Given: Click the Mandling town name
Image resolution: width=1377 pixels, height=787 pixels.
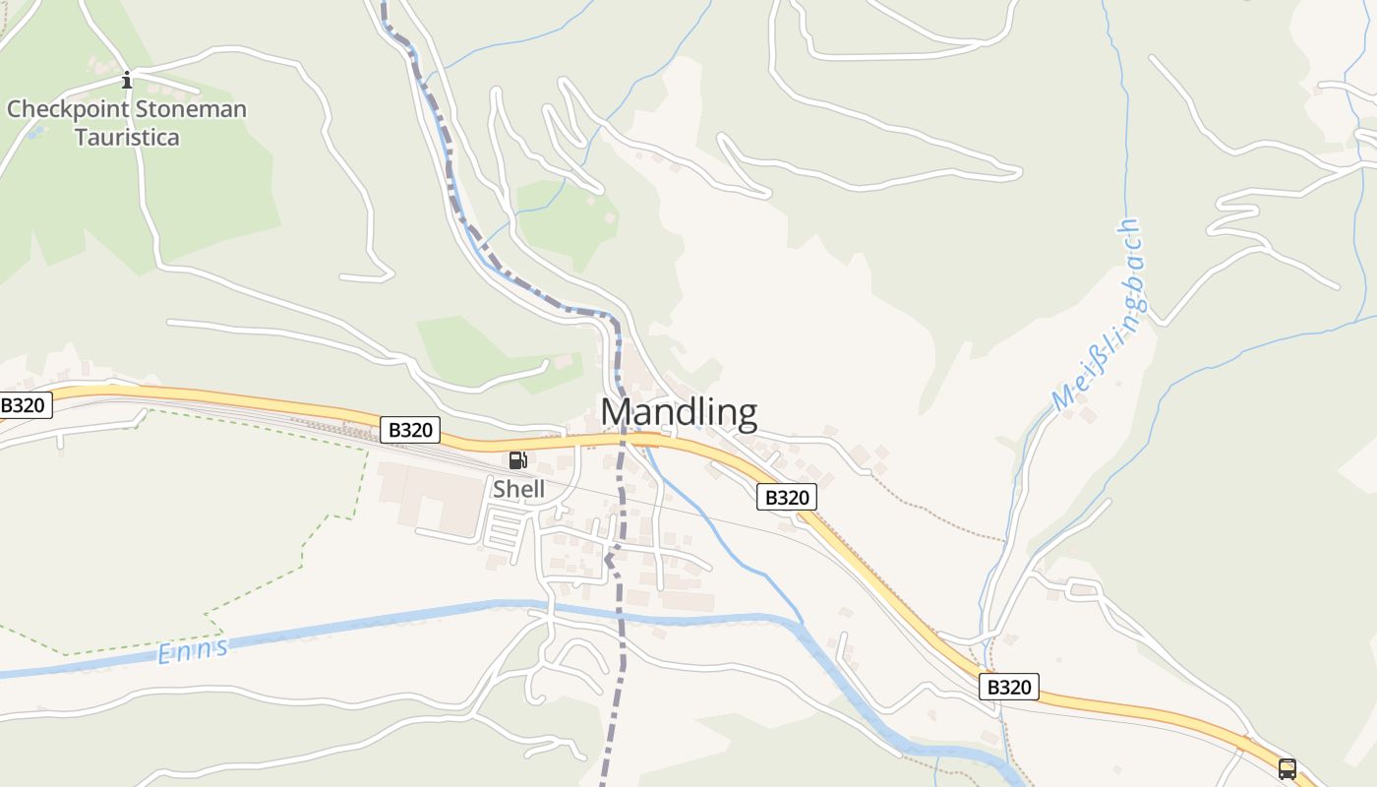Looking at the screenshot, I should point(679,412).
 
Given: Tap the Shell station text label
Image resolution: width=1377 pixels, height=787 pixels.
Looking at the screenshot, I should point(518,489).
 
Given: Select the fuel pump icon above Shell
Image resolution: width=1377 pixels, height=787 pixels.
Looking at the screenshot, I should point(517,459).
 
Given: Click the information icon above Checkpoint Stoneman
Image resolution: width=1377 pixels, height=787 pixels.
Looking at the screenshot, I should point(126,80).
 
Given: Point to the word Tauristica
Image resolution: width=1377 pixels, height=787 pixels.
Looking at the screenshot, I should point(127,137).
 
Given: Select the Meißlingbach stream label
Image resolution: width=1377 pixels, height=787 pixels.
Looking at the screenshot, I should point(1099,315).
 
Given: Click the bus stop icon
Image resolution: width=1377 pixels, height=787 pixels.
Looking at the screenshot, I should point(1287,768).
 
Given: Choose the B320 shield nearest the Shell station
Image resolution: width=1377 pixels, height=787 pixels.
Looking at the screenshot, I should point(409,430).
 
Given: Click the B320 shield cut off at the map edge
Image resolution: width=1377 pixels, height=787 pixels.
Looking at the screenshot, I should point(24,405).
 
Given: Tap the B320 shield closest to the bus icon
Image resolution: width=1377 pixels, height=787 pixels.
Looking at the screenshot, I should point(1008,687).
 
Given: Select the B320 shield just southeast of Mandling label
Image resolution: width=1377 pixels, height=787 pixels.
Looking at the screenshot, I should point(786,498).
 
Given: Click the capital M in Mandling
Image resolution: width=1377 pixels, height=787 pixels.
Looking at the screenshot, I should point(615,412).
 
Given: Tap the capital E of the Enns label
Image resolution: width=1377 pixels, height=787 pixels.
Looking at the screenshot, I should point(165,656).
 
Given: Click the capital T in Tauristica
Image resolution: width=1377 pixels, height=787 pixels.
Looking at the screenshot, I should point(82,137).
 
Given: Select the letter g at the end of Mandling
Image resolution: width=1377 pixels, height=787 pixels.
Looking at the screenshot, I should point(745,415).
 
